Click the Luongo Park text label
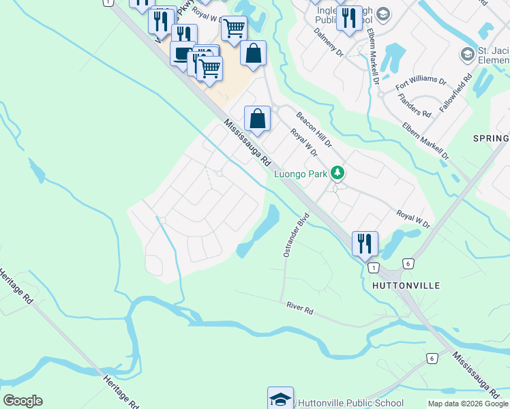coord(301,174)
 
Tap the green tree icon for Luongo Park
coord(337,173)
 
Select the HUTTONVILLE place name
coord(406,285)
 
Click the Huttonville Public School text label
coord(350,403)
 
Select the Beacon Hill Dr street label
coord(314,130)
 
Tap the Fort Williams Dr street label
coord(421,85)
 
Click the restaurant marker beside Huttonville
coord(365,243)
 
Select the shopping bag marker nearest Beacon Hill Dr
coord(257,118)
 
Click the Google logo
coord(22,401)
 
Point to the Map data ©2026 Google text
coord(468,404)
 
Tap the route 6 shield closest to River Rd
coord(432,358)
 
